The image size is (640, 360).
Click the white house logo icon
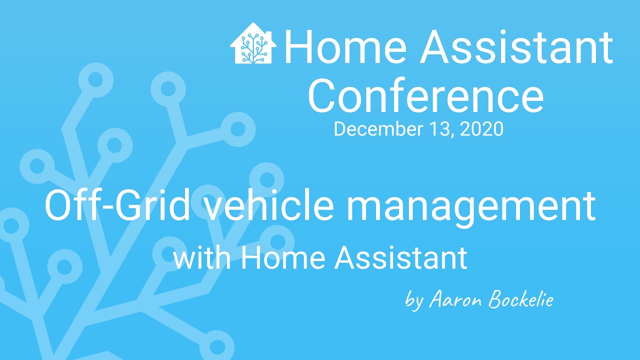(x=253, y=43)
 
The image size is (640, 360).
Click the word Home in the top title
(x=345, y=47)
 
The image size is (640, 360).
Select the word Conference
(x=425, y=95)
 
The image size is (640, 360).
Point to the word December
(x=378, y=129)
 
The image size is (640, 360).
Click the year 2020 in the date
(x=482, y=129)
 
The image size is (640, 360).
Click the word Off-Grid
(x=117, y=205)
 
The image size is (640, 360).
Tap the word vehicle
(x=270, y=205)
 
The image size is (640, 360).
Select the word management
(x=471, y=208)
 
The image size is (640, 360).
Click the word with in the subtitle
(x=202, y=258)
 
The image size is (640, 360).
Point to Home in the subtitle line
(x=283, y=258)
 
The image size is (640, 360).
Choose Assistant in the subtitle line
(x=401, y=258)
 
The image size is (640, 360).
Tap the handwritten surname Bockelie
(x=521, y=299)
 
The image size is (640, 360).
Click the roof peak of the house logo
(x=253, y=23)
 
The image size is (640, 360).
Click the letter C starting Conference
(x=323, y=95)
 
